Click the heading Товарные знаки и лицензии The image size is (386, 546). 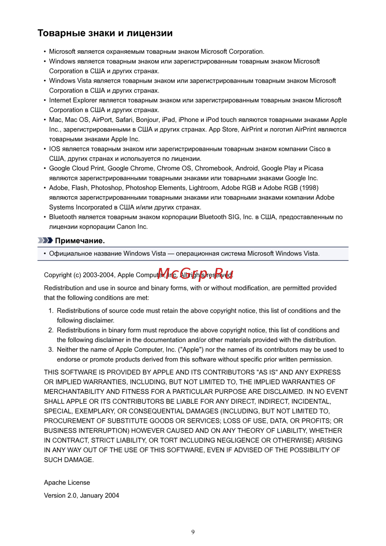point(105,33)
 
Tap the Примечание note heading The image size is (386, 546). point(80,241)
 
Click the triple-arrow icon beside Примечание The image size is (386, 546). point(45,241)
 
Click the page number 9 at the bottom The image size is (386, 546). point(193,532)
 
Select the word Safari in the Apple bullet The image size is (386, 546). point(124,120)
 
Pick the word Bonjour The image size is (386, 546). point(147,120)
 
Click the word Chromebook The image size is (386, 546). point(213,168)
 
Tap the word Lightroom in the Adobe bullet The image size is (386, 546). point(203,188)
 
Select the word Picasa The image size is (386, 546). point(313,168)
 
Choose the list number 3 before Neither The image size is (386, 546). point(51,349)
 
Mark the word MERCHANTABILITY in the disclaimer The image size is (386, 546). point(74,392)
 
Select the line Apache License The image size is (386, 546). point(67,483)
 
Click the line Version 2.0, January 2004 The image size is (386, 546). point(81,495)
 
